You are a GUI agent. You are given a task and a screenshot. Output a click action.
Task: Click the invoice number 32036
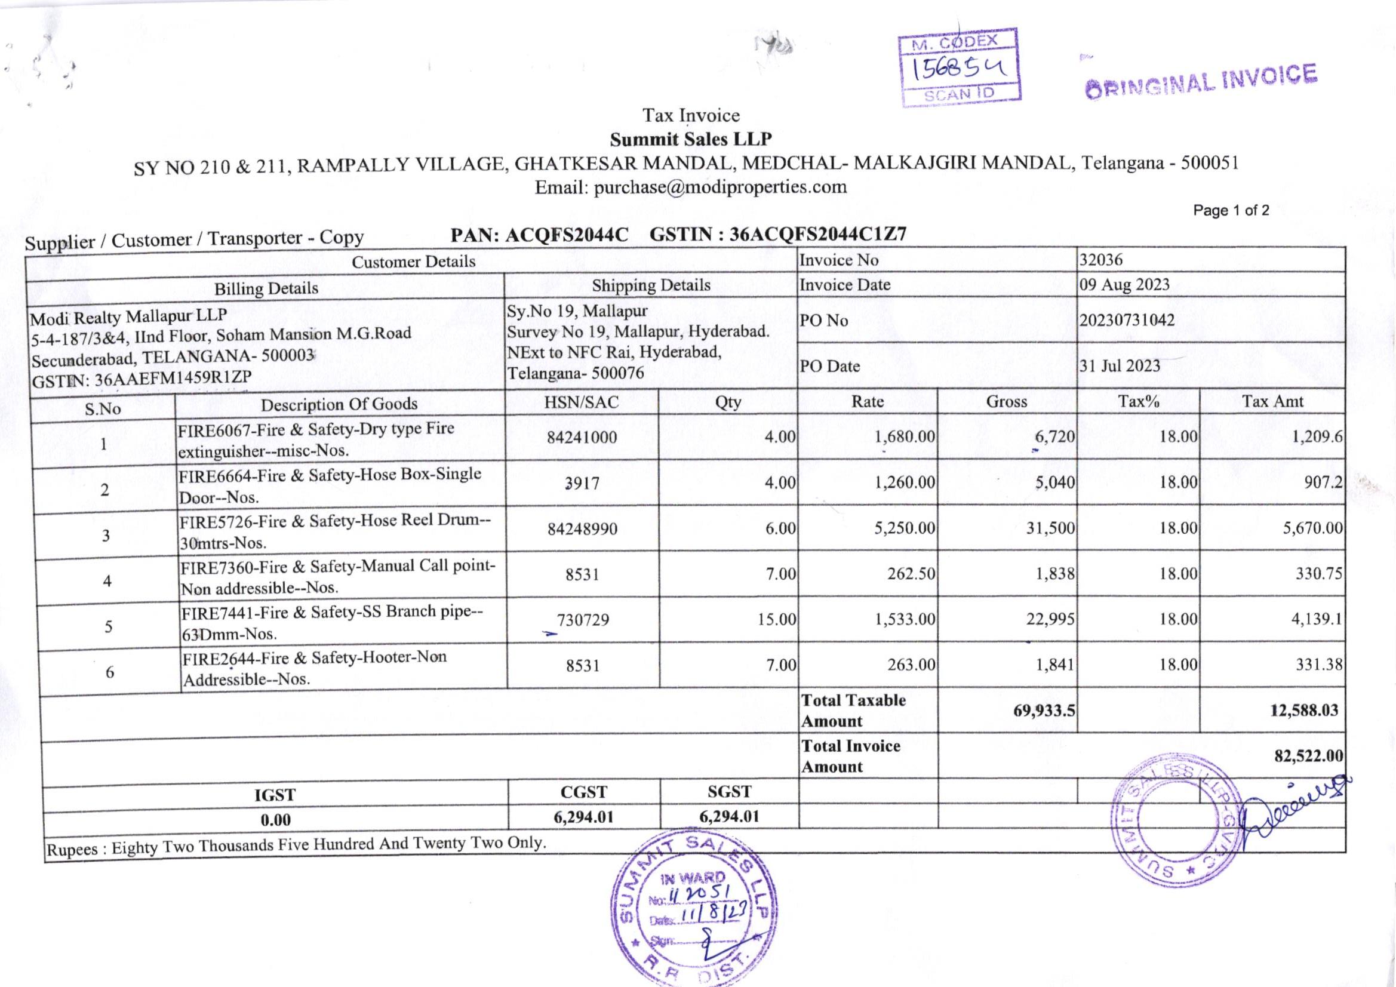[1100, 260]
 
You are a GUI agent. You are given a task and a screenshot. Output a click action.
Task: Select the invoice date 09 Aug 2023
[1124, 285]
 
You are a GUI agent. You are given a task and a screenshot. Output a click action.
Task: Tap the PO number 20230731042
[1127, 320]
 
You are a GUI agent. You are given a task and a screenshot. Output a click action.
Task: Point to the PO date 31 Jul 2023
[1120, 365]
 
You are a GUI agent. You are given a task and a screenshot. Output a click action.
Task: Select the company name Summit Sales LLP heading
[691, 139]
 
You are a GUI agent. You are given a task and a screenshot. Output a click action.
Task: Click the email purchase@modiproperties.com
[691, 186]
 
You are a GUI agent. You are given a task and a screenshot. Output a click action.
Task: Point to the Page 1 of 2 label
[1231, 210]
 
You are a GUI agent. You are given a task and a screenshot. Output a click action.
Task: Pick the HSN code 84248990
[582, 528]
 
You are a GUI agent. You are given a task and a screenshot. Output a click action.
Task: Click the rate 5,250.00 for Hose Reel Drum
[904, 528]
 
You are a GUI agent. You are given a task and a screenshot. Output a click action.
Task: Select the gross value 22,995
[1050, 619]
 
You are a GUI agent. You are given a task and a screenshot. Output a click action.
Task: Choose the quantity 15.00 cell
[776, 619]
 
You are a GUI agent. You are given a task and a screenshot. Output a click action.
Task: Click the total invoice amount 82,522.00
[1308, 755]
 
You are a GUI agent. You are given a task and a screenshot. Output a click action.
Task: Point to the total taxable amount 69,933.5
[1044, 710]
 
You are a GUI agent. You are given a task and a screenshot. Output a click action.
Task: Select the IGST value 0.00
[275, 820]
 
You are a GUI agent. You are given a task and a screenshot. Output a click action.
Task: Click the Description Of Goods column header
[339, 404]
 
